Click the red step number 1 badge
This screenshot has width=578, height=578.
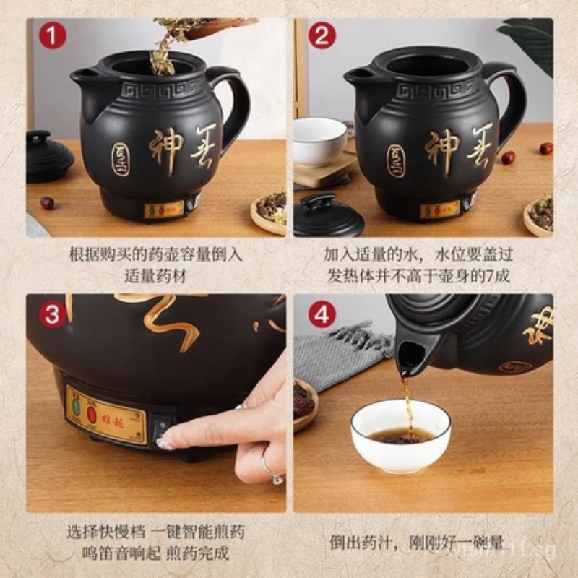click(x=52, y=35)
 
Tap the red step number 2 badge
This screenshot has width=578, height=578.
click(x=322, y=35)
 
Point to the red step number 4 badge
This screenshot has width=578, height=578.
click(x=322, y=314)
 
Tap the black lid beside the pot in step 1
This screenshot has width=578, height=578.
click(x=48, y=155)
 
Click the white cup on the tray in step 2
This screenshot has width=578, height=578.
click(x=319, y=140)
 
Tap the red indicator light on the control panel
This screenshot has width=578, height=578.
click(x=92, y=414)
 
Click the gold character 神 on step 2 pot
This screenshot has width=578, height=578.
click(x=441, y=149)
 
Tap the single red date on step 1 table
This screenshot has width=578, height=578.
click(x=47, y=203)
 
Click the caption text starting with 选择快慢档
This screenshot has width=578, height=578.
click(x=156, y=532)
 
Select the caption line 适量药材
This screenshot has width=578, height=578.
click(x=156, y=275)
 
